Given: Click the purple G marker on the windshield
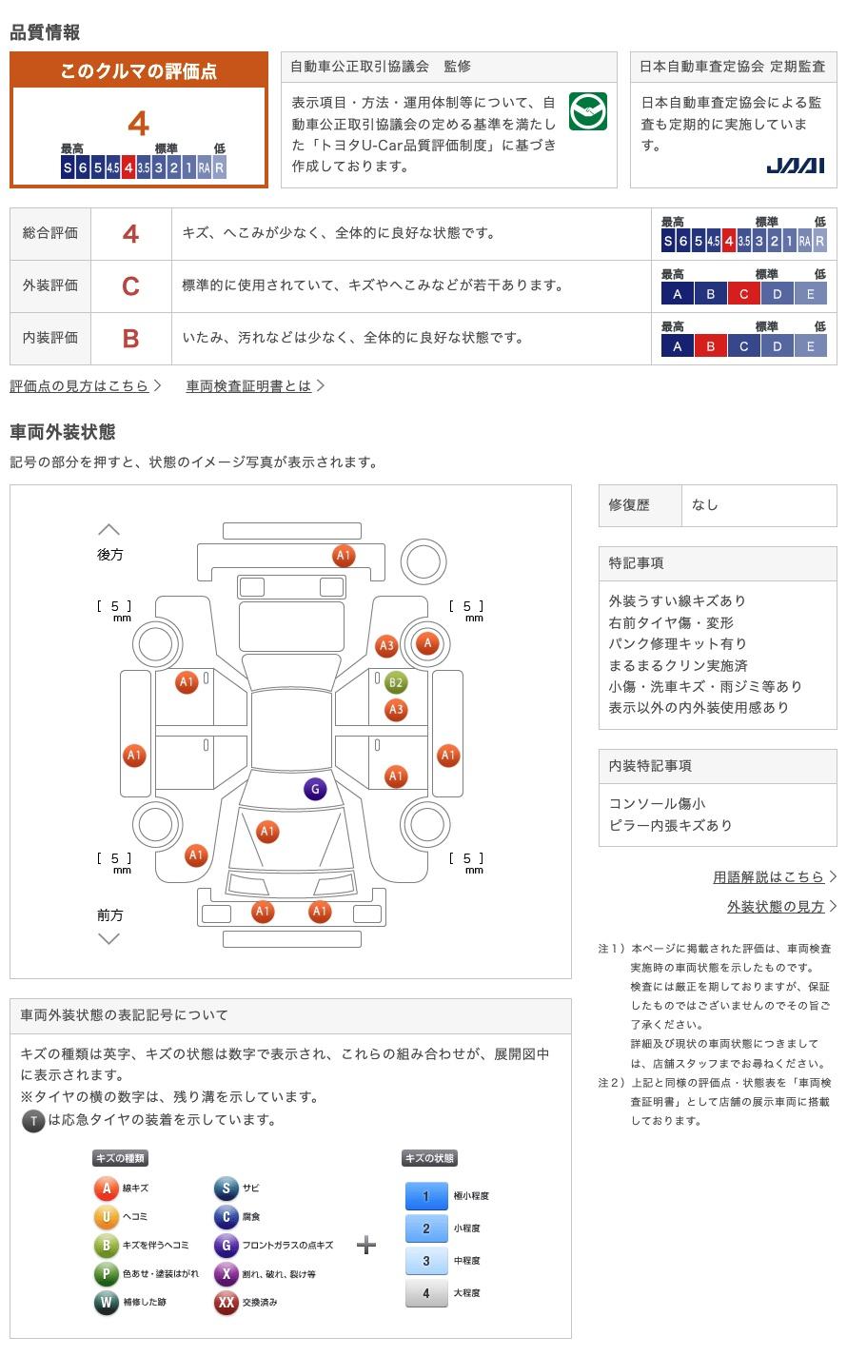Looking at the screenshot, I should [x=314, y=789].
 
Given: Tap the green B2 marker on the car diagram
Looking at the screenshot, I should [x=396, y=682].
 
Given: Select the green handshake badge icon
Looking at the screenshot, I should [x=587, y=111].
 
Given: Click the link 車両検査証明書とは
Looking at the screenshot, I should [x=249, y=385].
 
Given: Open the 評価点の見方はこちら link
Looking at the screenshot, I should [x=80, y=385].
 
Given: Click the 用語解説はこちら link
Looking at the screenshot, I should [x=769, y=876].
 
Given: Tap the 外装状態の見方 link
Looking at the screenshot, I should [x=776, y=906].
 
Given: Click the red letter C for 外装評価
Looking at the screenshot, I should [x=130, y=285].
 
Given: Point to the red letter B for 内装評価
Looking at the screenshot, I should [x=130, y=338].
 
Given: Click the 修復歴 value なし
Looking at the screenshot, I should [x=705, y=505].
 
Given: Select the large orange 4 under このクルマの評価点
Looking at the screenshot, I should [x=139, y=124].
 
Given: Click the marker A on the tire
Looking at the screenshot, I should [x=428, y=643].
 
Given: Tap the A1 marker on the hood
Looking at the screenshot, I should [x=267, y=832].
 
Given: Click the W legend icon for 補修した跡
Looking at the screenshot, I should [x=106, y=1302].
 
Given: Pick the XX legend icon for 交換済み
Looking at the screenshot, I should [x=226, y=1302].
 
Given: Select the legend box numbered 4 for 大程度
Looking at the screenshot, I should [x=425, y=1292].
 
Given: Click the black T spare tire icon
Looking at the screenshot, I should [x=33, y=1121].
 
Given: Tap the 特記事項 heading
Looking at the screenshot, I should [x=637, y=563].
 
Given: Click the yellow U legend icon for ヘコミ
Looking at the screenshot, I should [x=106, y=1216].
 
